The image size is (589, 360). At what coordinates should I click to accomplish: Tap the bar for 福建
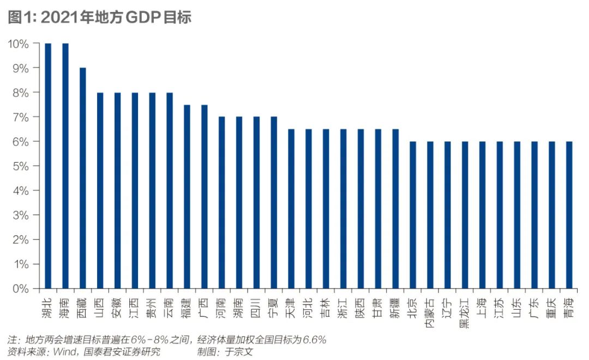[187, 196]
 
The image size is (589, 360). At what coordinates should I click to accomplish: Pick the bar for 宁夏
[274, 202]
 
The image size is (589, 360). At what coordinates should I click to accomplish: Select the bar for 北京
[413, 215]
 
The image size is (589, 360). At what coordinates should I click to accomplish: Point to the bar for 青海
[569, 215]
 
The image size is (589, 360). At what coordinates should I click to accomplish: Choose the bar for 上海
[482, 215]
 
